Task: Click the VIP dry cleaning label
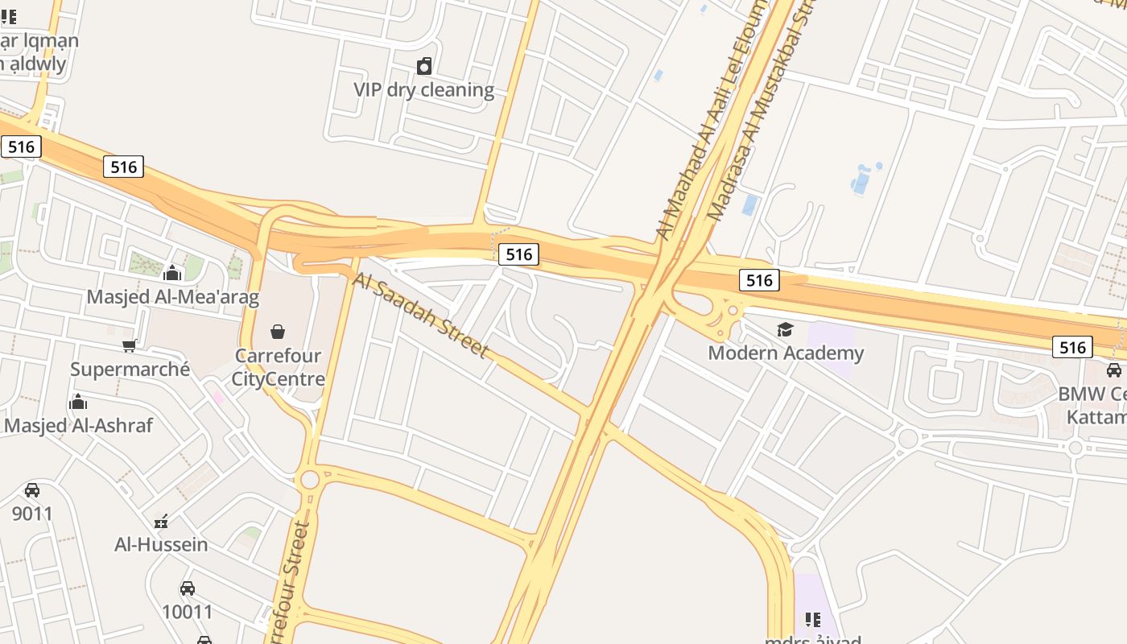point(423,89)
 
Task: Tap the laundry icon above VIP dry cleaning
point(424,66)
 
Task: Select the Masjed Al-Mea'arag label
point(173,297)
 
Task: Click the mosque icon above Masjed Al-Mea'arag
point(172,274)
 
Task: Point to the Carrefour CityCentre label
point(278,367)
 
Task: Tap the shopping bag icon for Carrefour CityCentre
point(278,331)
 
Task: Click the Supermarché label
point(130,369)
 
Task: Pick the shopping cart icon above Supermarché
point(129,346)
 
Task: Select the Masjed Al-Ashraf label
point(78,425)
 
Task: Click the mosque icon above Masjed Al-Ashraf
point(78,402)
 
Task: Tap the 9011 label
point(32,513)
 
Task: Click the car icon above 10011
point(188,588)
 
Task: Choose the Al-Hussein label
point(161,544)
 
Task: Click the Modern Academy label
point(786,353)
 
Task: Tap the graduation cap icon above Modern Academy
point(785,329)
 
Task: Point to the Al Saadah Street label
point(420,315)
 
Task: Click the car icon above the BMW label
point(1114,370)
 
